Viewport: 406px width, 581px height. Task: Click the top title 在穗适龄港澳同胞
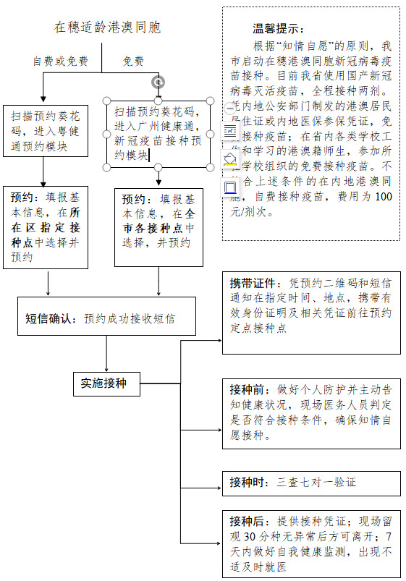pyautogui.click(x=107, y=28)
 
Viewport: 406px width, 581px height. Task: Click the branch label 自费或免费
pyautogui.click(x=61, y=62)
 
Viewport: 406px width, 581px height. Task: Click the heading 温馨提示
pyautogui.click(x=278, y=29)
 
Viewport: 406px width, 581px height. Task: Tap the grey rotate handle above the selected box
pyautogui.click(x=158, y=82)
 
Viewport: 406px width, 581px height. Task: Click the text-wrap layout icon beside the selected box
pyautogui.click(x=230, y=131)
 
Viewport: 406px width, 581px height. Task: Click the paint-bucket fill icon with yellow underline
pyautogui.click(x=230, y=159)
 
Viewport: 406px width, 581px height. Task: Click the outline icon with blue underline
pyautogui.click(x=230, y=187)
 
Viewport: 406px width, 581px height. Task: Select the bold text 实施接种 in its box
pyautogui.click(x=103, y=383)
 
